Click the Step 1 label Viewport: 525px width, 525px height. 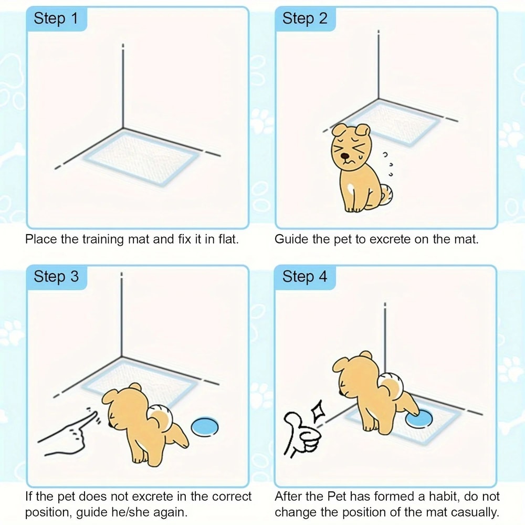[56, 19]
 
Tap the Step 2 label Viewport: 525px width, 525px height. [304, 19]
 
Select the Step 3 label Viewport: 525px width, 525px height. [56, 277]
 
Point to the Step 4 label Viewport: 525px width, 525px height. [304, 277]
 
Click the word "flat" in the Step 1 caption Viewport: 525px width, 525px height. [227, 240]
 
